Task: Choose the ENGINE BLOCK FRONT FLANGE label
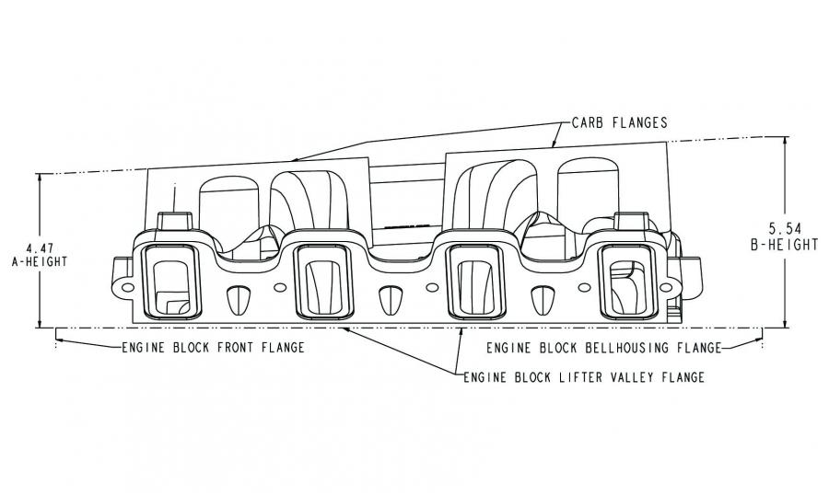tap(213, 349)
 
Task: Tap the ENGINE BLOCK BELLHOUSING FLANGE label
tap(603, 349)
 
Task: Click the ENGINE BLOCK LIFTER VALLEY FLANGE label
tap(584, 377)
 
